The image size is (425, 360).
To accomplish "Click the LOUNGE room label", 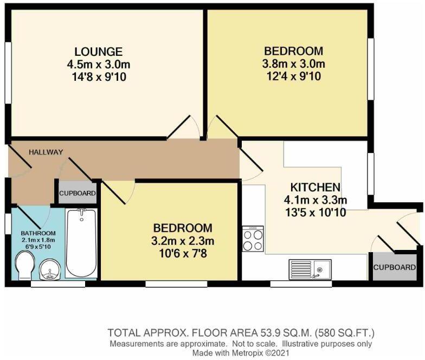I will (98, 52).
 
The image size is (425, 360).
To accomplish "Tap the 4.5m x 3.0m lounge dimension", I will (98, 65).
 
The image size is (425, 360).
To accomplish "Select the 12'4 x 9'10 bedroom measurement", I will (293, 76).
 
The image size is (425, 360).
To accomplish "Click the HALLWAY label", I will (46, 152).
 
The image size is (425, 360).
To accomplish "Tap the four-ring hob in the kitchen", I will (253, 239).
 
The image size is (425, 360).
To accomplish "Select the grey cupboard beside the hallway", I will (77, 193).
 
